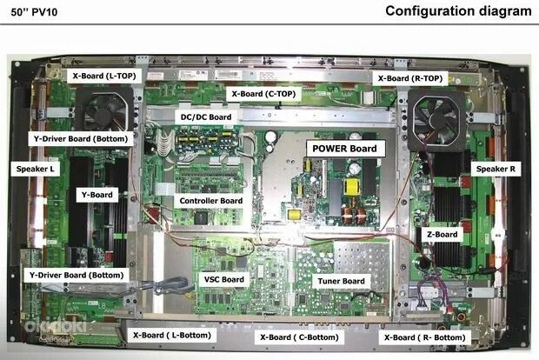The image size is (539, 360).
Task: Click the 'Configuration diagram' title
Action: pos(457,11)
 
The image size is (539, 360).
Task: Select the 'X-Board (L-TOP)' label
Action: pos(102,77)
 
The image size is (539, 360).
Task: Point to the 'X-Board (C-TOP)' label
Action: pos(264,92)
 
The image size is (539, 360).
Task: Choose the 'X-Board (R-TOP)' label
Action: pos(409,78)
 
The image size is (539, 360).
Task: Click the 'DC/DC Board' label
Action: pos(203,117)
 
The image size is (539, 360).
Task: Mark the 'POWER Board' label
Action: pos(344,149)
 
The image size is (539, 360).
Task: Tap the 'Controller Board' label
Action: pos(210,201)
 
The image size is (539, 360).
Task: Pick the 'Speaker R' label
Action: pos(496,170)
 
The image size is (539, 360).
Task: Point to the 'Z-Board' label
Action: pos(442,234)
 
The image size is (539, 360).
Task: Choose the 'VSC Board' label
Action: pos(224,279)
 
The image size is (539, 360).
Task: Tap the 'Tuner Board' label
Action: pos(341,281)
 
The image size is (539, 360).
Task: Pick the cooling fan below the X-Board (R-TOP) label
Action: pos(436,119)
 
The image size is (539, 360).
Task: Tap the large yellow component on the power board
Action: pos(352,187)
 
